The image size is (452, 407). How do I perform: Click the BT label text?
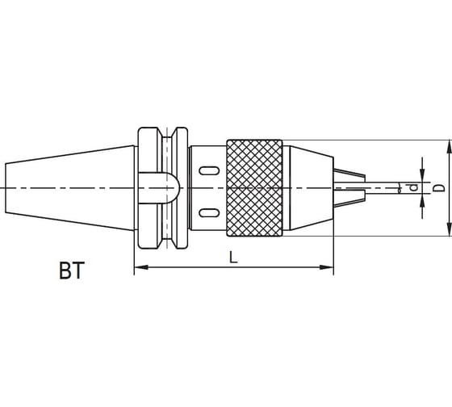click(x=72, y=271)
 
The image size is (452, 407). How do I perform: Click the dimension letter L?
click(x=233, y=258)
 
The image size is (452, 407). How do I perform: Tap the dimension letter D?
click(x=439, y=188)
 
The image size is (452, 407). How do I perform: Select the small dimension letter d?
click(x=414, y=187)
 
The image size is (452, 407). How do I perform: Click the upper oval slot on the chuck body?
click(x=209, y=170)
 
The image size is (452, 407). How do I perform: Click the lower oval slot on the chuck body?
click(x=209, y=213)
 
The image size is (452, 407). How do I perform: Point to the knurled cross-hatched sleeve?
click(x=254, y=188)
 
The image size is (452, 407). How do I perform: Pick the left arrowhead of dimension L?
click(x=141, y=267)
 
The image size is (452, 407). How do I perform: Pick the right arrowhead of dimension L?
click(x=327, y=267)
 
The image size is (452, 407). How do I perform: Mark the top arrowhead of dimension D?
click(x=449, y=147)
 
